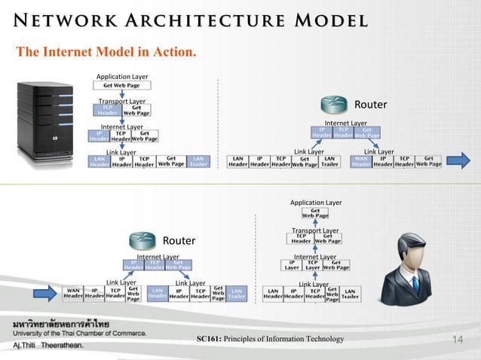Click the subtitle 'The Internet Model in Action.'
[x=106, y=52]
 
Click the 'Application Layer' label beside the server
[x=123, y=76]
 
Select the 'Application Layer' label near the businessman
[x=316, y=203]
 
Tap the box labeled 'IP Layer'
[x=291, y=265]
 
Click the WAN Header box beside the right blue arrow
[x=361, y=162]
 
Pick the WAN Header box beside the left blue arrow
[x=73, y=293]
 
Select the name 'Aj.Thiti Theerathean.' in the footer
[x=46, y=345]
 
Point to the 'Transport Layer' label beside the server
[x=123, y=101]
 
